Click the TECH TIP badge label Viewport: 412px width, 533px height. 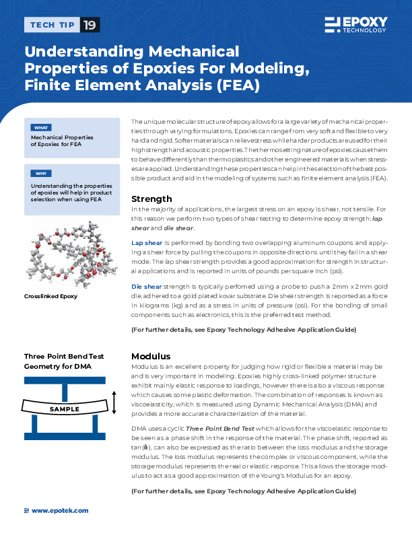click(51, 26)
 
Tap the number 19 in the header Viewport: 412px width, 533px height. click(89, 26)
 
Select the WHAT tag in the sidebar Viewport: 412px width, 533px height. click(40, 127)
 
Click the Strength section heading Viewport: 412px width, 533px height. click(151, 199)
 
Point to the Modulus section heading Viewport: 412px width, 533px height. click(150, 356)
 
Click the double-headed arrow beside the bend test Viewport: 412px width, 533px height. click(115, 402)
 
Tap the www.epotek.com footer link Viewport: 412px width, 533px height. click(60, 511)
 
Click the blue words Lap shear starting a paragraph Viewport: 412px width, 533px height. click(146, 241)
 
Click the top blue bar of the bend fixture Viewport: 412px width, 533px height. click(65, 381)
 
